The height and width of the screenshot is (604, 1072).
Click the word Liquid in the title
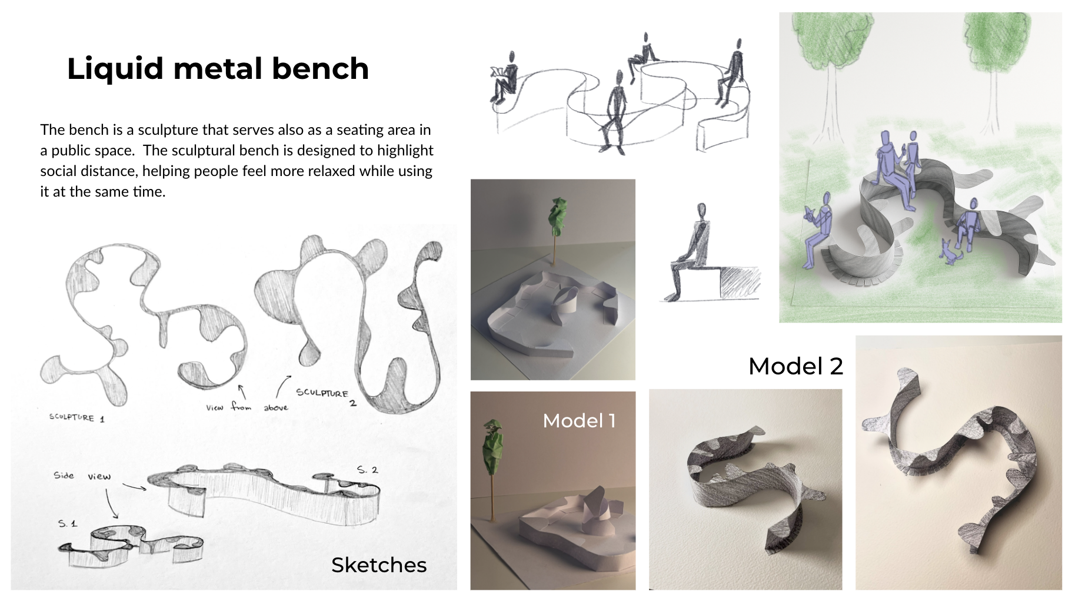pyautogui.click(x=115, y=69)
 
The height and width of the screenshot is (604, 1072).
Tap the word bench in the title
pyautogui.click(x=320, y=68)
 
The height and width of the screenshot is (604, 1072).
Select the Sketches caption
pyautogui.click(x=379, y=565)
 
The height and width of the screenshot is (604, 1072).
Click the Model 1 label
pyautogui.click(x=579, y=421)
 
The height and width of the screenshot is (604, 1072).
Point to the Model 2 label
pyautogui.click(x=795, y=366)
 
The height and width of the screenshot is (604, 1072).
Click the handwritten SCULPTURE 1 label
pyautogui.click(x=76, y=417)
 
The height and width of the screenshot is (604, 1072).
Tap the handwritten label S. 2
pyautogui.click(x=367, y=470)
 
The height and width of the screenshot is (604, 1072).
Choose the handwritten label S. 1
pyautogui.click(x=67, y=523)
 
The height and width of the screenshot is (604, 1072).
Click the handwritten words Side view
pyautogui.click(x=82, y=476)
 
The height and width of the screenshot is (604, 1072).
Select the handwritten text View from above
pyautogui.click(x=247, y=407)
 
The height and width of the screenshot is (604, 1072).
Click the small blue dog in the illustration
pyautogui.click(x=948, y=252)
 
